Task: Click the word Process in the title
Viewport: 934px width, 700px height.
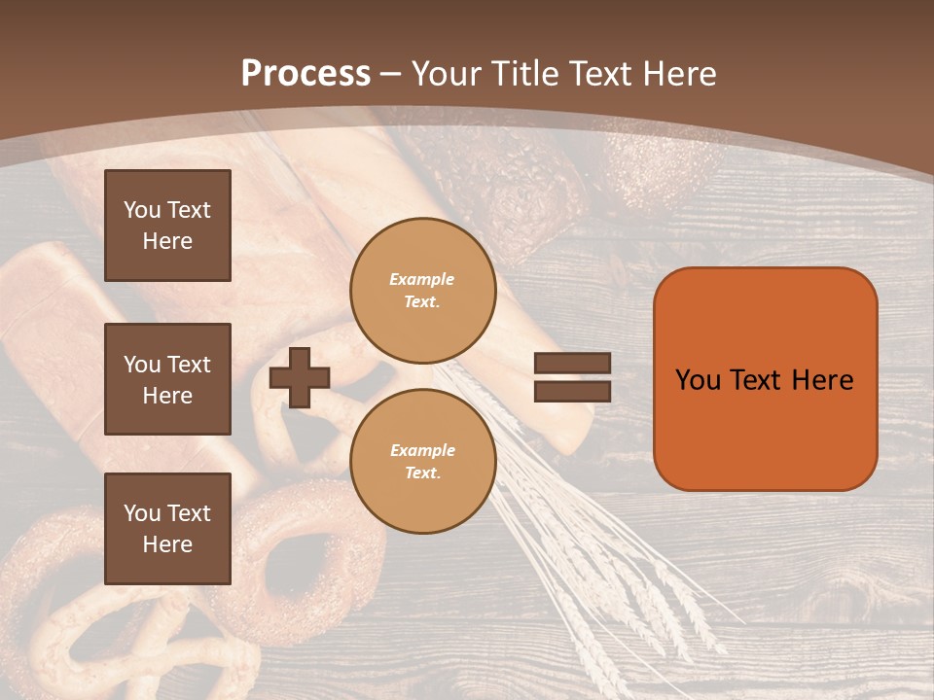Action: pos(305,74)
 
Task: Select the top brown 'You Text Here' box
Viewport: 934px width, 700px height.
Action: pos(167,226)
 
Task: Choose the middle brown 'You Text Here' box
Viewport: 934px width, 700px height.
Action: pos(167,379)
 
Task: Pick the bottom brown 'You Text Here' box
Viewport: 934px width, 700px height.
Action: pos(167,529)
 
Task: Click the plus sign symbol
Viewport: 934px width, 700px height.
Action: pos(300,377)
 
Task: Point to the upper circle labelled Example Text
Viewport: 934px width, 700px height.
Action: pos(423,291)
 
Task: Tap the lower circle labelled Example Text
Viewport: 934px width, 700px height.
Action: pos(423,462)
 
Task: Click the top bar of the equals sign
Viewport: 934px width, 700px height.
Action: pos(572,364)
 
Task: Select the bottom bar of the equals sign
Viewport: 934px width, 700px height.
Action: pos(572,391)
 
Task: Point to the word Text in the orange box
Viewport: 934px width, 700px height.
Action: pos(758,380)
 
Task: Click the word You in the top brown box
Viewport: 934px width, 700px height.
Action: pos(142,210)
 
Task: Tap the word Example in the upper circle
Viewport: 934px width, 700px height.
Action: pos(422,279)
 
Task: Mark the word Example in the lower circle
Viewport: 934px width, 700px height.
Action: pos(422,450)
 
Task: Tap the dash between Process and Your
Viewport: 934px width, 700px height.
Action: pos(391,74)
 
